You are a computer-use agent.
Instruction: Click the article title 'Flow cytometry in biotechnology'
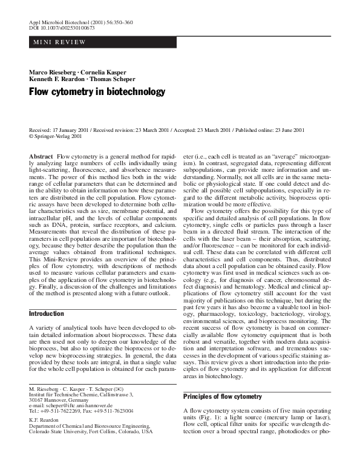(x=97, y=92)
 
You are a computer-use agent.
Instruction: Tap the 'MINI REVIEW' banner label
(x=58, y=42)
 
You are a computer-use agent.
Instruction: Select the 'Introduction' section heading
(x=47, y=314)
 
